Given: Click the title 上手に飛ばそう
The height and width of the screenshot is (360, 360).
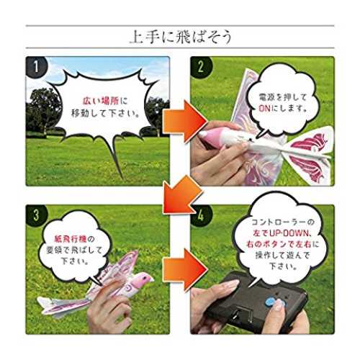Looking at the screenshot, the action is click(x=181, y=37).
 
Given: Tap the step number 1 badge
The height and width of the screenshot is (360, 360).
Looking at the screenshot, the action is click(x=36, y=66).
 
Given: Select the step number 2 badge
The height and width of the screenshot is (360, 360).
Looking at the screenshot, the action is click(x=201, y=66).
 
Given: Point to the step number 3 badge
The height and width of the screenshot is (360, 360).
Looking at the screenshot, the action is click(x=36, y=215).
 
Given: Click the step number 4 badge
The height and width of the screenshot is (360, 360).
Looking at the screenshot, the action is click(x=201, y=215).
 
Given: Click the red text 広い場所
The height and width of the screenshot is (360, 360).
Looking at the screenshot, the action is click(x=101, y=101).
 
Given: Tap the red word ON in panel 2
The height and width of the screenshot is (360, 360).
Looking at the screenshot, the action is click(x=265, y=109).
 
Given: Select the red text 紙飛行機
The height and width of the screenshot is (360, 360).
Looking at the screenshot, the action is click(x=71, y=239).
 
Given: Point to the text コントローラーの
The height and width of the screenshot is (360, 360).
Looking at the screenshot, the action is click(x=283, y=222).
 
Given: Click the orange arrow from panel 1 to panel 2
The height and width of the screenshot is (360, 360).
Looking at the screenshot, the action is click(x=185, y=122).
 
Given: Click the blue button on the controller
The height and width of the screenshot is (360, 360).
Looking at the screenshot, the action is click(x=271, y=302).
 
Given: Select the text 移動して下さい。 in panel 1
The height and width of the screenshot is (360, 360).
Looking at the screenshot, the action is click(x=106, y=113).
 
